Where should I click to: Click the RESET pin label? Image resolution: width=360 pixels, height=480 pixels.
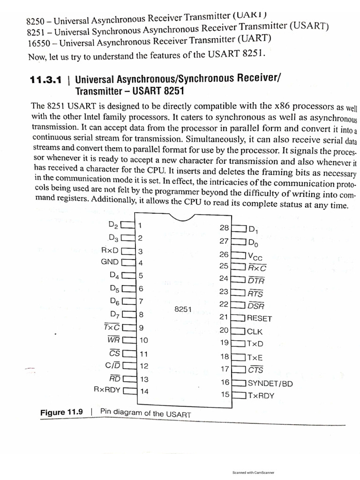(259, 318)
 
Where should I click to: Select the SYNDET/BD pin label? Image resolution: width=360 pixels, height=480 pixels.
(270, 383)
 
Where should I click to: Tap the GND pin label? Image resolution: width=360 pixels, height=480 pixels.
(110, 262)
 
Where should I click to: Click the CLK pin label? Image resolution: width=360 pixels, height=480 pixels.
(255, 331)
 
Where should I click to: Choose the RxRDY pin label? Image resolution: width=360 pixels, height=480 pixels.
(107, 390)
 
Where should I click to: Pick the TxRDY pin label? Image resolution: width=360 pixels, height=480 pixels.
(261, 395)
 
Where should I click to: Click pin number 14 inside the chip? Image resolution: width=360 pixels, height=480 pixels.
(144, 391)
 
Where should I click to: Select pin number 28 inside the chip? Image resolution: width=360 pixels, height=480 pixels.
(224, 228)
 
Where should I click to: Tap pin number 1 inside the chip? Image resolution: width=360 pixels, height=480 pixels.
(140, 225)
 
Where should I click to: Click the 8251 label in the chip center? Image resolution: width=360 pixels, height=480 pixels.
(183, 309)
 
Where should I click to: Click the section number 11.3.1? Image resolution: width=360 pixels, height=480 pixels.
(45, 80)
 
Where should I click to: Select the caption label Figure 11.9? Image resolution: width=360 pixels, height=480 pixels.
(61, 412)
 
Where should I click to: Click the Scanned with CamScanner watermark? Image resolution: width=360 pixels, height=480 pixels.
(253, 472)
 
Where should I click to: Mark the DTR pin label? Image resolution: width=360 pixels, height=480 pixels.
(256, 281)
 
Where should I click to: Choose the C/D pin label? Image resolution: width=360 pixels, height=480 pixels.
(113, 365)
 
